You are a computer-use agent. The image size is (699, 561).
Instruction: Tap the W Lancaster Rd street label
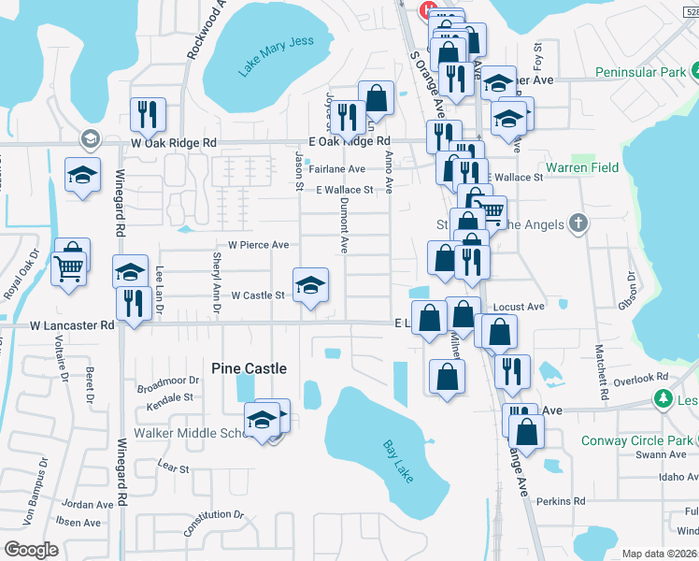point(71,325)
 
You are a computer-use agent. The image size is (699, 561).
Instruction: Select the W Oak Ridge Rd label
point(174,143)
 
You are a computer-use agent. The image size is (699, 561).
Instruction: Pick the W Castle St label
point(257,295)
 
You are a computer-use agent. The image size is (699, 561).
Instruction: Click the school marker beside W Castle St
point(311,283)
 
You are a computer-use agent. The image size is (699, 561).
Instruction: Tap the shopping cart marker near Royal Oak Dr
point(70,267)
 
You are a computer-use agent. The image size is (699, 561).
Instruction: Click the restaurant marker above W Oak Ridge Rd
point(148,113)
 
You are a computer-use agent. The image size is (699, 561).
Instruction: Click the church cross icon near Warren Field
point(578,223)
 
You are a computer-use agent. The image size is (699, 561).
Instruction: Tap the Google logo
point(32,550)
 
